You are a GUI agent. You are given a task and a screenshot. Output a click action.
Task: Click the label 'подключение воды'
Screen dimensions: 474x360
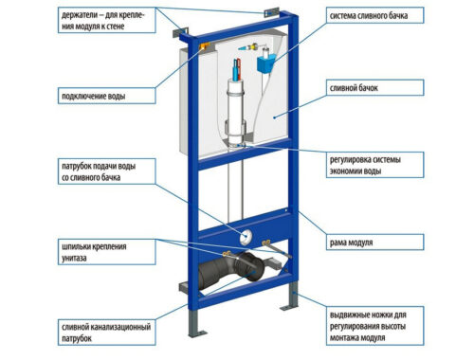tap(107, 96)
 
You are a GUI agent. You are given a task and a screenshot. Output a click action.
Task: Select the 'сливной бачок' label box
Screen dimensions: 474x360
tap(374, 87)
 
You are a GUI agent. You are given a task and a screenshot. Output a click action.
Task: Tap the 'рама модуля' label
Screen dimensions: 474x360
tap(374, 243)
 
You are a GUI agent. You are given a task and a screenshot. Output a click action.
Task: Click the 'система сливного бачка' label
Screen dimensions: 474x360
tap(374, 15)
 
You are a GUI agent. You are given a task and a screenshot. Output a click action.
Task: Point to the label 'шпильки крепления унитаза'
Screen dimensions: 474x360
tap(107, 252)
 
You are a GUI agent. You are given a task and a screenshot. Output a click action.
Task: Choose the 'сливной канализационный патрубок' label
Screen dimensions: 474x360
tap(107, 333)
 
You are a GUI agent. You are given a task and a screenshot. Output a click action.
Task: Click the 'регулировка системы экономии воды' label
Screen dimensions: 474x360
tap(374, 165)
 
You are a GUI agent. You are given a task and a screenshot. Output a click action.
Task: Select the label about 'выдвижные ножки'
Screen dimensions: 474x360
tap(374, 326)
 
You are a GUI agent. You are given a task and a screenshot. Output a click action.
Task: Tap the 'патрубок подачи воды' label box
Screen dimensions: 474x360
tap(107, 171)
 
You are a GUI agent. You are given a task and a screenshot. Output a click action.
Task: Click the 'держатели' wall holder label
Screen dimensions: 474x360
tap(107, 20)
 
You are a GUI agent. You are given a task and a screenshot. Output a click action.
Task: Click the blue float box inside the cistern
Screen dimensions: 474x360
tap(266, 64)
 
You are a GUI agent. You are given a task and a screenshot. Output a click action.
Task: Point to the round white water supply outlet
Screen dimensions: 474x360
tap(246, 238)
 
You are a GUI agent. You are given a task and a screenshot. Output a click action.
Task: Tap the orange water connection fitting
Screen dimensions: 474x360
tap(203, 46)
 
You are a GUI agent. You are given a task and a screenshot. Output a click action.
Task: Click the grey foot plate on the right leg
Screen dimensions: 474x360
tap(289, 307)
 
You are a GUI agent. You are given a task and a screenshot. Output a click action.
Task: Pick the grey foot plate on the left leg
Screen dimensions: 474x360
tap(197, 333)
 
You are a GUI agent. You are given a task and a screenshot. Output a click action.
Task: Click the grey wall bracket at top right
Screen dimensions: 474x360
tap(271, 12)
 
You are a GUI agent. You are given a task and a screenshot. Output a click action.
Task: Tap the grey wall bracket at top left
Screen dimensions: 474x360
tap(180, 32)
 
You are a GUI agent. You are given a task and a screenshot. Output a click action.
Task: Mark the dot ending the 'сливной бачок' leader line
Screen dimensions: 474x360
tap(274, 117)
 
